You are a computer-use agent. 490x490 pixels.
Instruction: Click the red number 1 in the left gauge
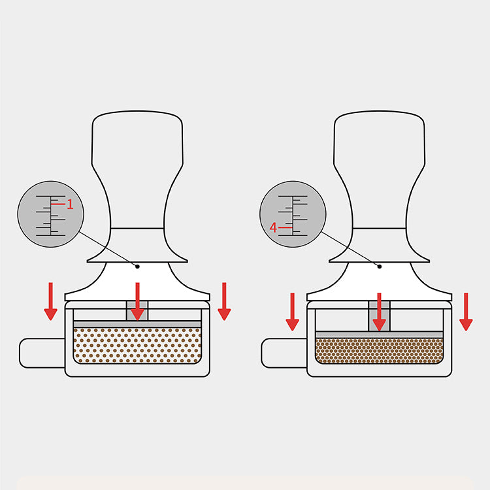(71, 205)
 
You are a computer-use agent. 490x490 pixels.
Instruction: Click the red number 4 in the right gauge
(274, 227)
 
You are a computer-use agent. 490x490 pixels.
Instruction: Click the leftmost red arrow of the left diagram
(51, 301)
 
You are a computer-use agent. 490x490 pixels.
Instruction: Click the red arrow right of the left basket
(224, 301)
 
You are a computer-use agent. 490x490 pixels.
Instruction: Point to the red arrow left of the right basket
(293, 312)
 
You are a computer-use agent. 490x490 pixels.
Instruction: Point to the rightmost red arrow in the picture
(466, 312)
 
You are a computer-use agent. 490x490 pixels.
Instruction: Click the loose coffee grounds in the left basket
(137, 345)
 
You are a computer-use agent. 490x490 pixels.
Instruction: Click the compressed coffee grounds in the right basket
(379, 351)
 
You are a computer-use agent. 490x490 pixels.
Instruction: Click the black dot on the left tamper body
(137, 266)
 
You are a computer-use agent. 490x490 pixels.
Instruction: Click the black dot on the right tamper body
(379, 266)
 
